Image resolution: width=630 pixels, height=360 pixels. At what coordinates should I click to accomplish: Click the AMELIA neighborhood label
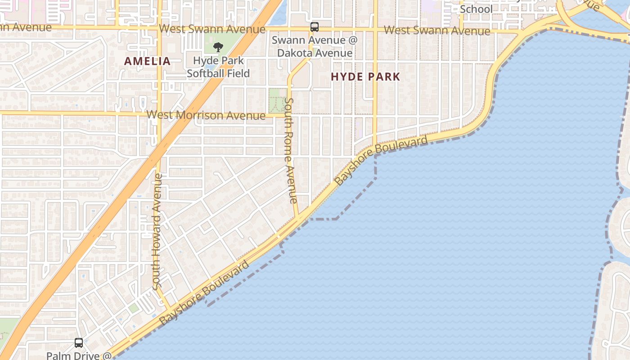[x=147, y=61]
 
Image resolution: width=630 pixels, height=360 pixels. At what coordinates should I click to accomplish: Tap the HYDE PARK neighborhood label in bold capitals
[x=365, y=76]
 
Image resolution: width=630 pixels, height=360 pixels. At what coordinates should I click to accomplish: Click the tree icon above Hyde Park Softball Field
[x=218, y=47]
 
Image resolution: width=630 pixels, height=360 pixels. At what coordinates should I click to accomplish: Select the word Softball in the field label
[x=218, y=73]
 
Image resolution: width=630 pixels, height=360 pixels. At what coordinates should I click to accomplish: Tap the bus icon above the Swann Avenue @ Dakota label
[x=315, y=27]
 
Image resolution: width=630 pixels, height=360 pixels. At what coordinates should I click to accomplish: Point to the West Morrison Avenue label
[x=206, y=115]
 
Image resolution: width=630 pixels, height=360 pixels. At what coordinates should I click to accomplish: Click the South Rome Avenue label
[x=290, y=151]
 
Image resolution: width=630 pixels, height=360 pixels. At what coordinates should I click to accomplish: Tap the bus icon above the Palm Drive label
[x=79, y=343]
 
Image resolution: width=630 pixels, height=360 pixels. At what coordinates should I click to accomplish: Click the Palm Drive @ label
[x=79, y=355]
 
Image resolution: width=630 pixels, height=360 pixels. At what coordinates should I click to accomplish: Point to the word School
[x=476, y=9]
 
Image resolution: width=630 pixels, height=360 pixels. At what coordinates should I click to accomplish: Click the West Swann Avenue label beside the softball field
[x=212, y=29]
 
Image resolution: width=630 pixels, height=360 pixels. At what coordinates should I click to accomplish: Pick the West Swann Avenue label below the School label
[x=436, y=31]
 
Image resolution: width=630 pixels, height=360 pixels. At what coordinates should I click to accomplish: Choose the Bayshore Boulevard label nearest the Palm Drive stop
[x=204, y=293]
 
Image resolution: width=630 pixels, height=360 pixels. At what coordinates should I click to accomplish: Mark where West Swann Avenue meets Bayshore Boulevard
[x=524, y=32]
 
